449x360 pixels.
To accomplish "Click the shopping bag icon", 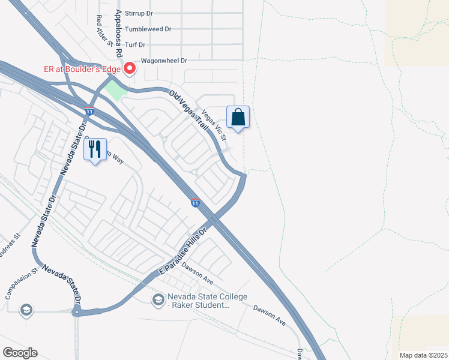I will click(x=238, y=116).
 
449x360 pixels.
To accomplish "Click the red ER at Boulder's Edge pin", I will click(x=129, y=69).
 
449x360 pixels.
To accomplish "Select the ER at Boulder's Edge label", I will click(x=82, y=68).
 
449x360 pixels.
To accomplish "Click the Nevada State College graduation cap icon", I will click(x=158, y=299).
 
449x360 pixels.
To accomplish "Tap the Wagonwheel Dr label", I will click(x=164, y=61).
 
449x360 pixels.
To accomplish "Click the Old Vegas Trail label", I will click(x=188, y=111).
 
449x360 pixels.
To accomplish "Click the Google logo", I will click(x=20, y=352).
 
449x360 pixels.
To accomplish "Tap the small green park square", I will click(x=115, y=91).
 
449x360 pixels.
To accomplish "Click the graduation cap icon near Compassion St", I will click(x=26, y=310).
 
